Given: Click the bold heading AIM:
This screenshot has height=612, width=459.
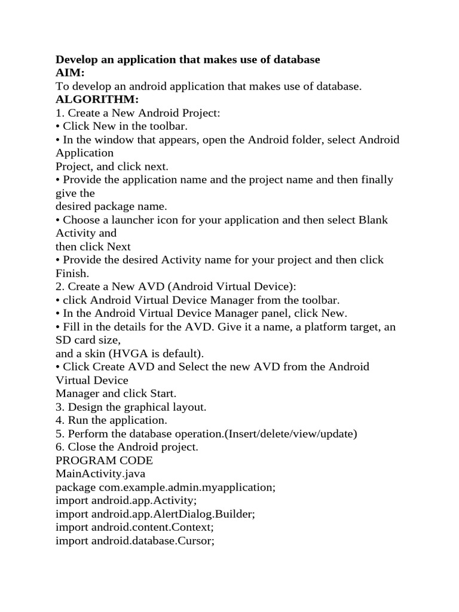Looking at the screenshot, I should (x=70, y=73).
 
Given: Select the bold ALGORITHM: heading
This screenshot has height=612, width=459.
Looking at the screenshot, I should (x=97, y=99).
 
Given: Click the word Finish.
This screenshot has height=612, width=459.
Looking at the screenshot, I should (x=72, y=273).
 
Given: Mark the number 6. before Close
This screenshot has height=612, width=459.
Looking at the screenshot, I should (x=60, y=447).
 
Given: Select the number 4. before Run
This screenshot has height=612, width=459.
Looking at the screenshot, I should (x=60, y=421).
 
